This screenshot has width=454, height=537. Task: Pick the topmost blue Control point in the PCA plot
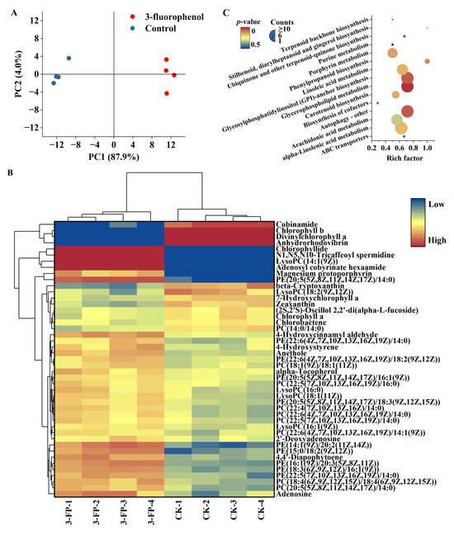point(69,59)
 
